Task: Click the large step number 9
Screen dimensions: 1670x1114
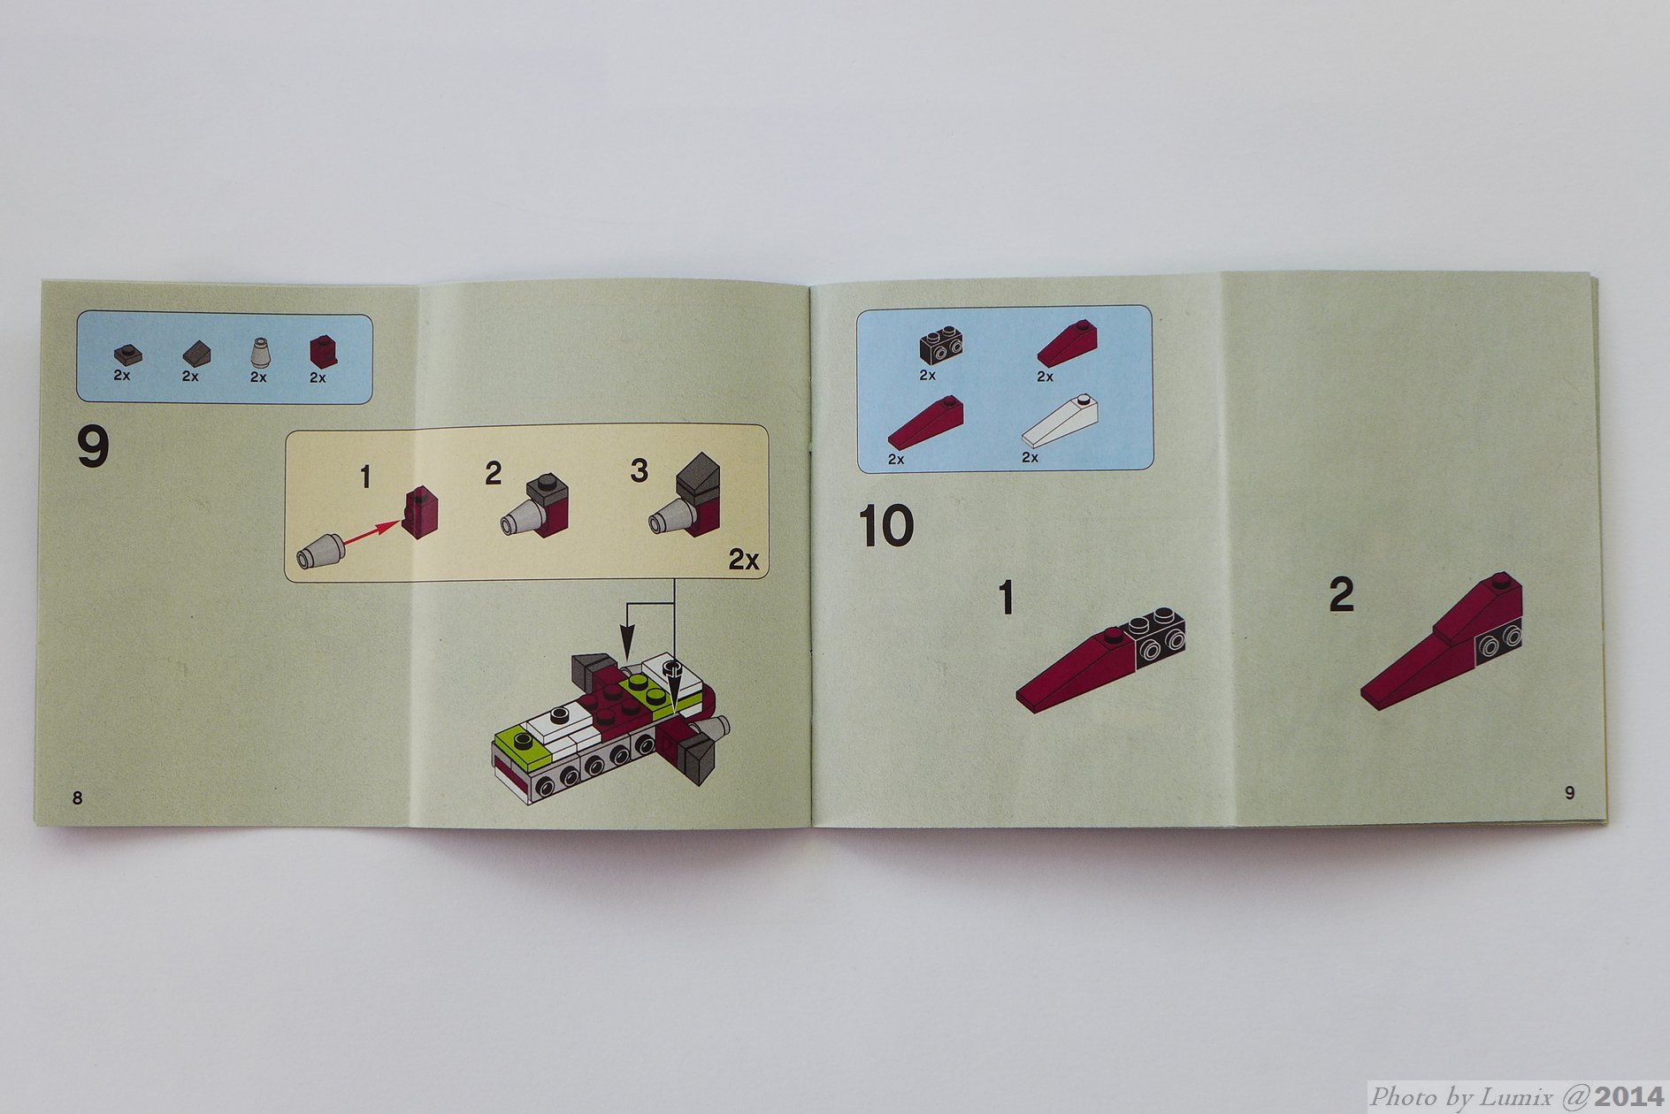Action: coord(93,446)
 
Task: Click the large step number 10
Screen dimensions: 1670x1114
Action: coord(885,526)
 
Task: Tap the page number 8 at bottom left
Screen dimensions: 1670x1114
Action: coord(77,797)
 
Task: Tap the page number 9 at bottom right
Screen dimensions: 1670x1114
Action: coord(1569,792)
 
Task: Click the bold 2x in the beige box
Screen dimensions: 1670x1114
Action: coord(744,559)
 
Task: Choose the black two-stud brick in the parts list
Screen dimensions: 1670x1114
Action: coord(941,344)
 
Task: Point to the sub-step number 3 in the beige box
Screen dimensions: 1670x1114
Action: coord(639,470)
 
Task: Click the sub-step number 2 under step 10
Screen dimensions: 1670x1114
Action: coord(1341,595)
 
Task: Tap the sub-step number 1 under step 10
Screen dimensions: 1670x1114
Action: coord(1006,598)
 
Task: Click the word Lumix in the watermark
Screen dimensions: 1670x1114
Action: coord(1516,1097)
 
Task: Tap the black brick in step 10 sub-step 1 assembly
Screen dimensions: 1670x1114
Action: coord(1155,636)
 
